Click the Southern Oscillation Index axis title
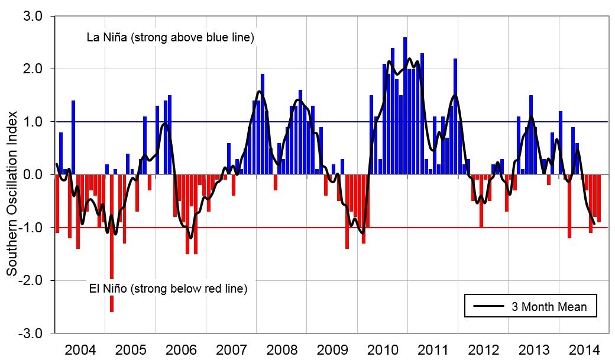click(x=12, y=174)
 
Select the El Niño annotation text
click(x=167, y=289)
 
